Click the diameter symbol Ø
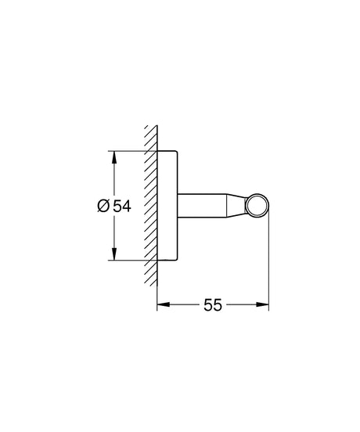(x=104, y=207)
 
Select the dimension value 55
(x=214, y=306)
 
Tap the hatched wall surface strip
(x=150, y=205)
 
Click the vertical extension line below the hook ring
(x=269, y=266)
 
